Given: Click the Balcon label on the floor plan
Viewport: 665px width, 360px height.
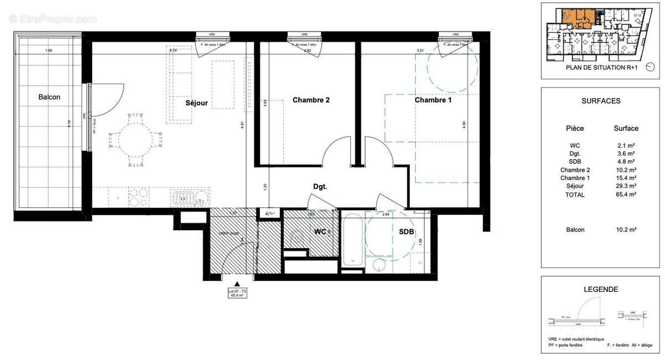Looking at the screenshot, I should coord(49,97).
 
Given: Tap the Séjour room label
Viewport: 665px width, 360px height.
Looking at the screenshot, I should coord(196,103).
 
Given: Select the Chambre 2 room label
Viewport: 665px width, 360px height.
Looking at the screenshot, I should coord(311,100).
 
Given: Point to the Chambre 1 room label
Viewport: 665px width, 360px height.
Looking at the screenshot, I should coord(433,100).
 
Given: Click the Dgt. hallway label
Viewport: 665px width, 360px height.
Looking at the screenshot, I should coord(320,187).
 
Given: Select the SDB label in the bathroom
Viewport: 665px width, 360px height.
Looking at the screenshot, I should coord(406,233).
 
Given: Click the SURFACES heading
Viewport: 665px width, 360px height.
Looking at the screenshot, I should coord(601,101).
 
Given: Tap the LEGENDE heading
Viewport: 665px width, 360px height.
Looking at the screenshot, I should coord(601,289).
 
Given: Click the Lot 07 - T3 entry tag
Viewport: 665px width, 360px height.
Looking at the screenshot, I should coord(237,294).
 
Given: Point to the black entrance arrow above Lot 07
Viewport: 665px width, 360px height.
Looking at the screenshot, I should coord(237,284).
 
